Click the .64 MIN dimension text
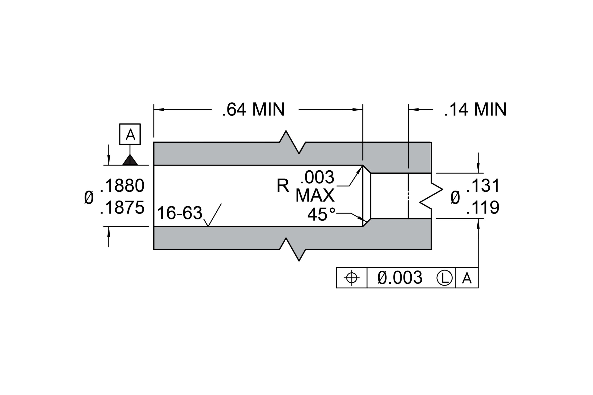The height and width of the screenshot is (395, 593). (253, 109)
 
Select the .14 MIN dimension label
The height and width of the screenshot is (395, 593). (475, 109)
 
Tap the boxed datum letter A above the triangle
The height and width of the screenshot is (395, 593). (130, 134)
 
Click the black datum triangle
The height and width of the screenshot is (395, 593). (130, 160)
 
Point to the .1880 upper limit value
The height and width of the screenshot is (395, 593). (122, 186)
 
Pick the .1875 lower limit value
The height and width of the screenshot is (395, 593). (122, 207)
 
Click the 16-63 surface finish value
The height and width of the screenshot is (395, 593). (180, 213)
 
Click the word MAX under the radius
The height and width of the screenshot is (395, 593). (315, 195)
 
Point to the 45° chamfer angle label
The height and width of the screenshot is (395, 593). (322, 214)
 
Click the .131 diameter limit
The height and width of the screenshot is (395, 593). (483, 186)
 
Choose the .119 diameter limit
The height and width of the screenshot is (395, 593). (483, 207)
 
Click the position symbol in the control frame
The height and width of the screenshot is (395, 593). (352, 278)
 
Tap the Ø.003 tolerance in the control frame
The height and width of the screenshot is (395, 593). (400, 278)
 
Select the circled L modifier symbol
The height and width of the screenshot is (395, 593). (444, 278)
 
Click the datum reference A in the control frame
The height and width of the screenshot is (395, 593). (467, 278)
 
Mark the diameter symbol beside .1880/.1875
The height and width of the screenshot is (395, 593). (89, 197)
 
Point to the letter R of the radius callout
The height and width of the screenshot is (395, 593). (283, 186)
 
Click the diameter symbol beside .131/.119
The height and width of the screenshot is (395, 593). (455, 197)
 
